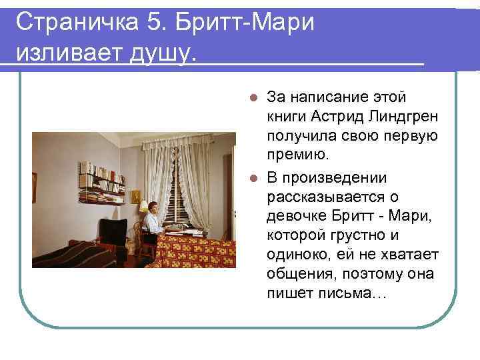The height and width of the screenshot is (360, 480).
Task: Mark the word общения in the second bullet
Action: (x=297, y=273)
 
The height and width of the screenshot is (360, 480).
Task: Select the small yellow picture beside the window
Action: (x=135, y=197)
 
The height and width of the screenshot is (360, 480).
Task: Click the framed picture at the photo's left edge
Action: (x=34, y=178)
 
